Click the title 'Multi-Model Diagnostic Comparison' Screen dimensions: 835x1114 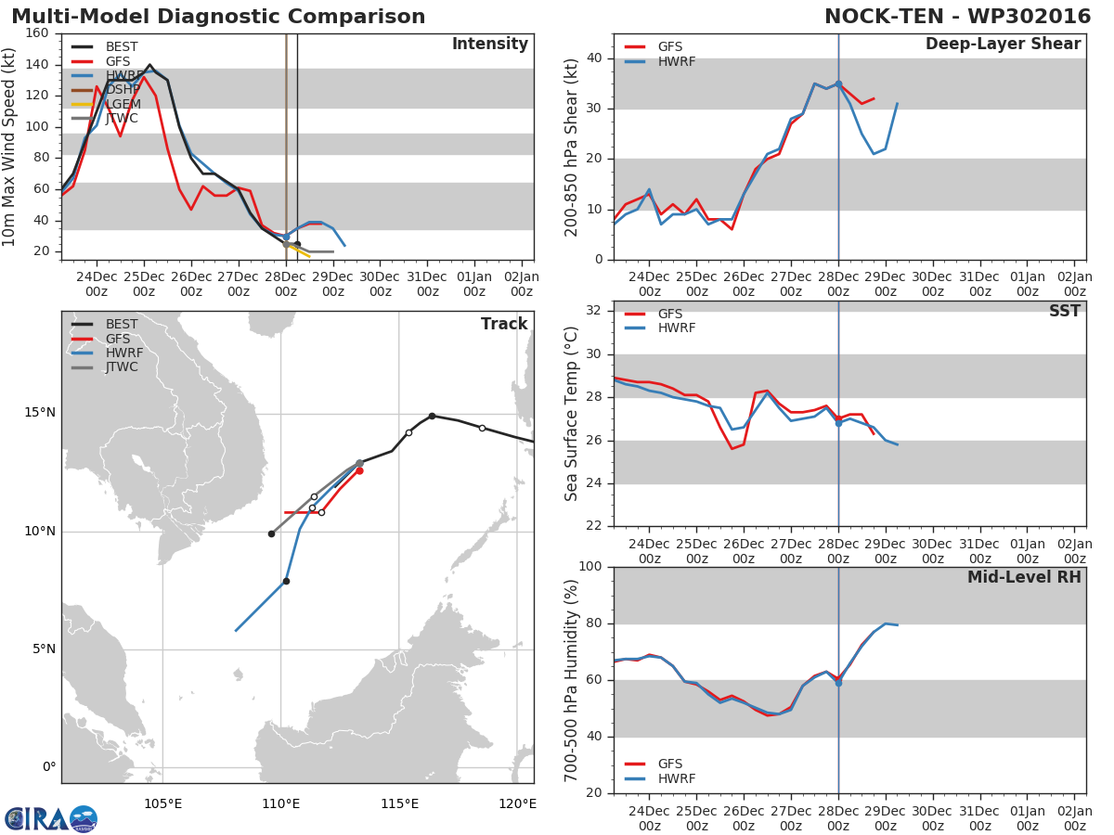pyautogui.click(x=218, y=17)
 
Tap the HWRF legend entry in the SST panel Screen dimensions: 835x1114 pyautogui.click(x=676, y=328)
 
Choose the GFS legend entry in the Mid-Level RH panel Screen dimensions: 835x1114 pyautogui.click(x=669, y=764)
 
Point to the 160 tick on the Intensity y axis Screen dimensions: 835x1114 pyautogui.click(x=38, y=33)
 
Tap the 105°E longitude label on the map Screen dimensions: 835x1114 pyautogui.click(x=162, y=803)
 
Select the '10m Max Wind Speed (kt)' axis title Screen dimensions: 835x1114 pyautogui.click(x=10, y=147)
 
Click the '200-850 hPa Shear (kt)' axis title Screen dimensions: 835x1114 pyautogui.click(x=572, y=147)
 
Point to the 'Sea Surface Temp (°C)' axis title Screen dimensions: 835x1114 pyautogui.click(x=572, y=413)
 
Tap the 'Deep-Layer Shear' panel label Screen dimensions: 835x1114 pyautogui.click(x=1003, y=45)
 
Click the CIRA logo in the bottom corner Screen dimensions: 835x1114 pyautogui.click(x=51, y=818)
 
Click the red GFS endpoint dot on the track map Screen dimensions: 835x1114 pyautogui.click(x=359, y=470)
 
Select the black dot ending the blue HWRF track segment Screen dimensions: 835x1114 pyautogui.click(x=286, y=582)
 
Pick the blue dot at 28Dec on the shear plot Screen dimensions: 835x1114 pyautogui.click(x=838, y=84)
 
